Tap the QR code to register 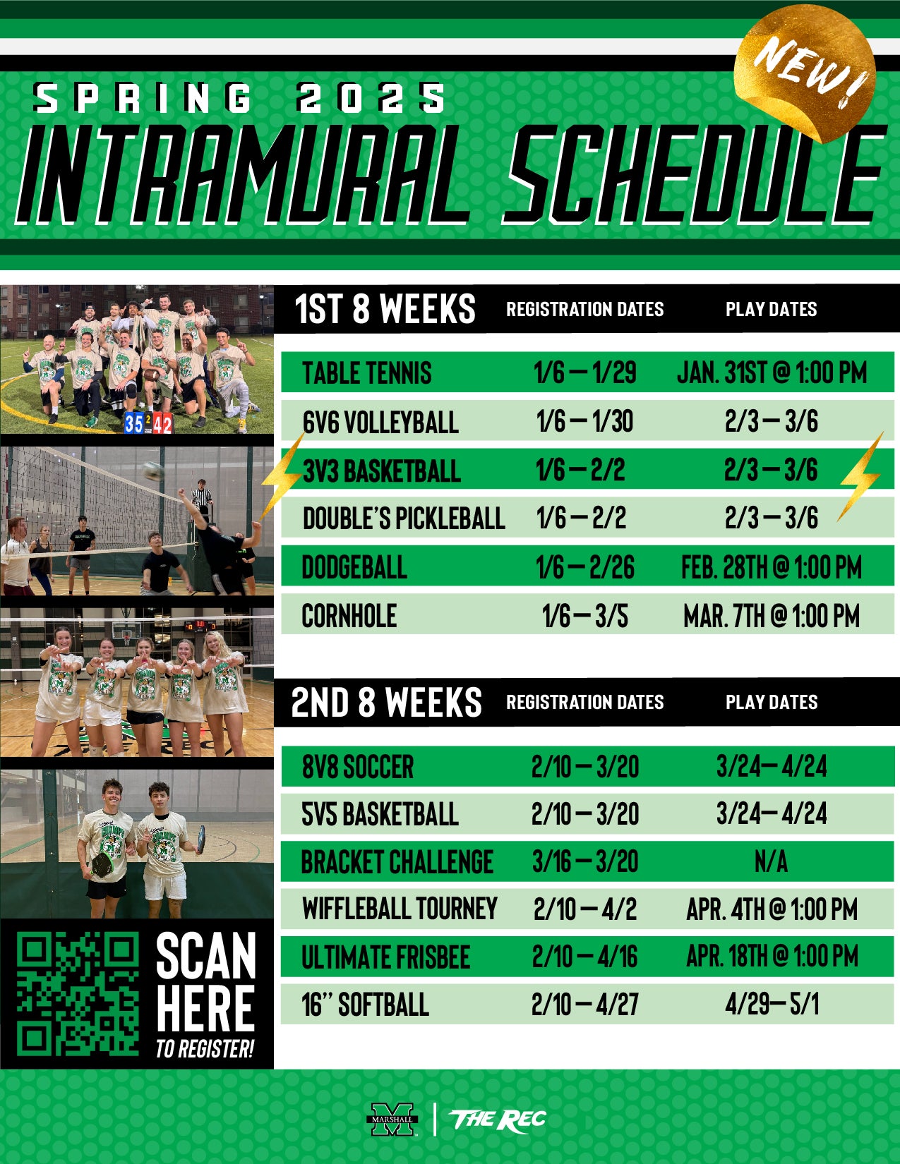[78, 994]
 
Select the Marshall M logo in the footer [392, 1119]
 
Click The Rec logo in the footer [498, 1120]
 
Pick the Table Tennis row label [366, 372]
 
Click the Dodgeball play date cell [771, 567]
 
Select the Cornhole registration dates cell [584, 616]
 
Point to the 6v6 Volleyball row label [380, 422]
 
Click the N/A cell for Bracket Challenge [771, 862]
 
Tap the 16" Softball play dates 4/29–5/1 [772, 1004]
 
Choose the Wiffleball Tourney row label [400, 909]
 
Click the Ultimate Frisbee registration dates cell [584, 957]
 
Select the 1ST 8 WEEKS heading [385, 308]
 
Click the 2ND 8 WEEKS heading [386, 702]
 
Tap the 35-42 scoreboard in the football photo [148, 423]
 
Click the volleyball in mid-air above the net [153, 471]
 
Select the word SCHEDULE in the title [692, 174]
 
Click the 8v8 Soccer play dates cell [772, 767]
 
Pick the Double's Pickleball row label [404, 519]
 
